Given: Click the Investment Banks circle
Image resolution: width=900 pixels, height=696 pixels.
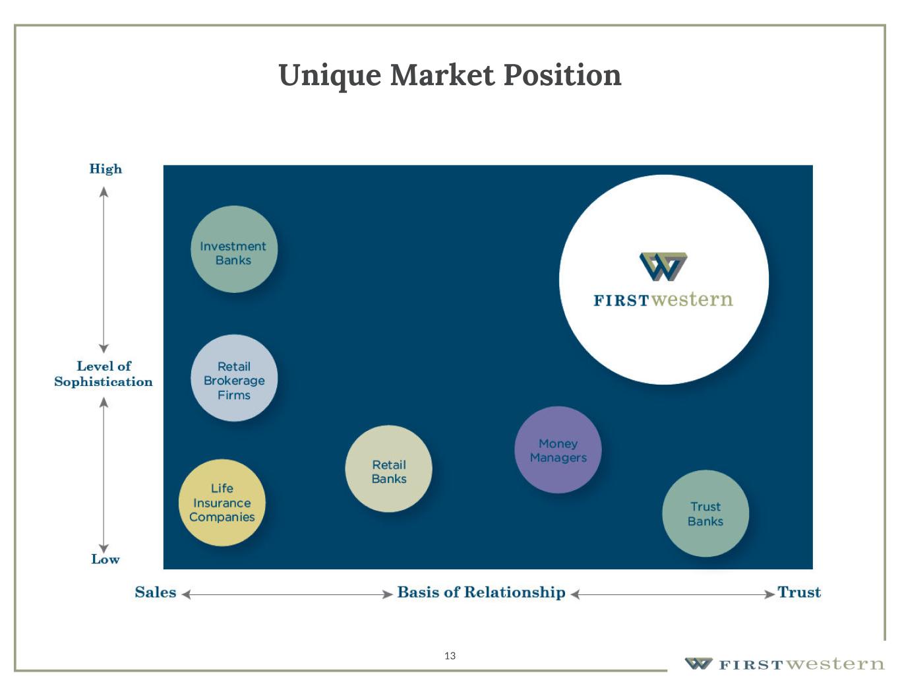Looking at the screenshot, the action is click(234, 249).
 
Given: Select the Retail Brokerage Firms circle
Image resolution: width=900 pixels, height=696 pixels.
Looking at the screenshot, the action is click(234, 378).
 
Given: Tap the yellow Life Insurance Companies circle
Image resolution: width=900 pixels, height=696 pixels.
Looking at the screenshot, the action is click(222, 503).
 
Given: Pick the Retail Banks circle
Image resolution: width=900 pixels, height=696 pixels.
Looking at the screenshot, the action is click(388, 469).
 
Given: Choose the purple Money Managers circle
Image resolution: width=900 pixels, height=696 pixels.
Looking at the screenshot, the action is click(558, 450).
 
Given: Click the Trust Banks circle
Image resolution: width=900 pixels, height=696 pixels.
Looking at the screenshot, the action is click(705, 513).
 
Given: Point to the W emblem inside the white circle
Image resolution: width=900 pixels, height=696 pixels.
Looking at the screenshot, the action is click(663, 267).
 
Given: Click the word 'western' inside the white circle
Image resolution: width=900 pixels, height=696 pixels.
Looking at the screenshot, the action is click(692, 300).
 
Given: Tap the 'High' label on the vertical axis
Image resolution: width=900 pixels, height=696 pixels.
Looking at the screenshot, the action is click(105, 169).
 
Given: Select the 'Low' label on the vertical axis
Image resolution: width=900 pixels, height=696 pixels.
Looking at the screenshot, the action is click(105, 559).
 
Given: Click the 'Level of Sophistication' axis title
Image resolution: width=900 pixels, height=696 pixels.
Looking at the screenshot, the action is click(104, 373).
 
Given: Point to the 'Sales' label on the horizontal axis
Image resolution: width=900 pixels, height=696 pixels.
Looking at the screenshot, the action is click(156, 592).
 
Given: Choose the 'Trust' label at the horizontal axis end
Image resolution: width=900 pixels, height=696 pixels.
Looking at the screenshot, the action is click(799, 592).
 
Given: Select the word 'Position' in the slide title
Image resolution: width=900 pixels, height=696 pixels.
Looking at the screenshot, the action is click(562, 75).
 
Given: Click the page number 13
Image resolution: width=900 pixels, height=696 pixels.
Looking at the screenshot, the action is click(450, 656).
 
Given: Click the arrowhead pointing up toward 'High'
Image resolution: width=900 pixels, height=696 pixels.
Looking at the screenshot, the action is click(104, 192).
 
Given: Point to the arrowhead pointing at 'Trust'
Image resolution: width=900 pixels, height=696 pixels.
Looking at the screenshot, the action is click(769, 594).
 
